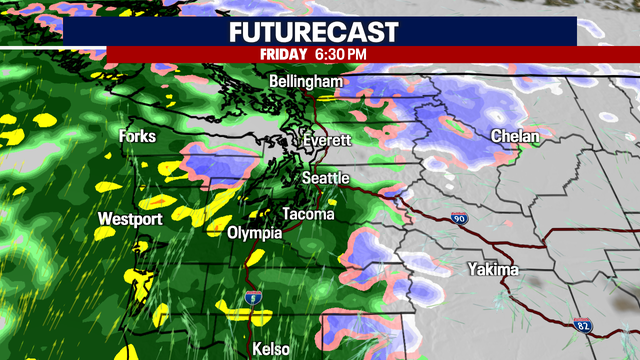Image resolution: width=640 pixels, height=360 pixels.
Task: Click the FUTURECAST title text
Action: tap(320, 30)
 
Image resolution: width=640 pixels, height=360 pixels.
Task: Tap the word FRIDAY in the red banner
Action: tap(283, 53)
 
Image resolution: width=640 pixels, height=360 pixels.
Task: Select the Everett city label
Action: tap(329, 141)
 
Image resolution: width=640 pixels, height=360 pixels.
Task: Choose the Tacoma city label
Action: tap(306, 214)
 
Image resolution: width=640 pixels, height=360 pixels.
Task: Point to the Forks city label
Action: tap(138, 136)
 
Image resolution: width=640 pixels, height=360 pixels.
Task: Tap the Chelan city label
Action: tap(515, 136)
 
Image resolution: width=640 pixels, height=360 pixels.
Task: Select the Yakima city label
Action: tap(493, 270)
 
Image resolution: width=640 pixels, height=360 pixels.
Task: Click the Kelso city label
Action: tap(271, 348)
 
